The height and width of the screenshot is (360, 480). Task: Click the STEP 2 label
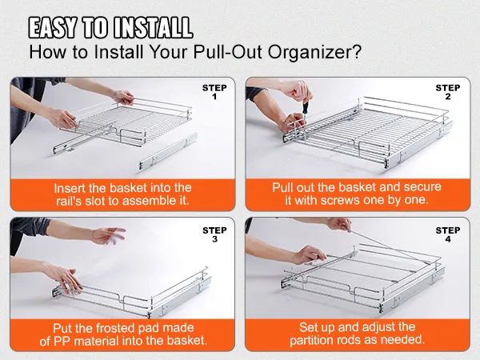point(447,92)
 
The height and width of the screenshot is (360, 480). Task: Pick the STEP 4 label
point(447,235)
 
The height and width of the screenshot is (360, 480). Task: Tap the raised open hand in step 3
point(108,235)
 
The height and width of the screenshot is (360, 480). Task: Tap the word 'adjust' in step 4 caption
point(382,327)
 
